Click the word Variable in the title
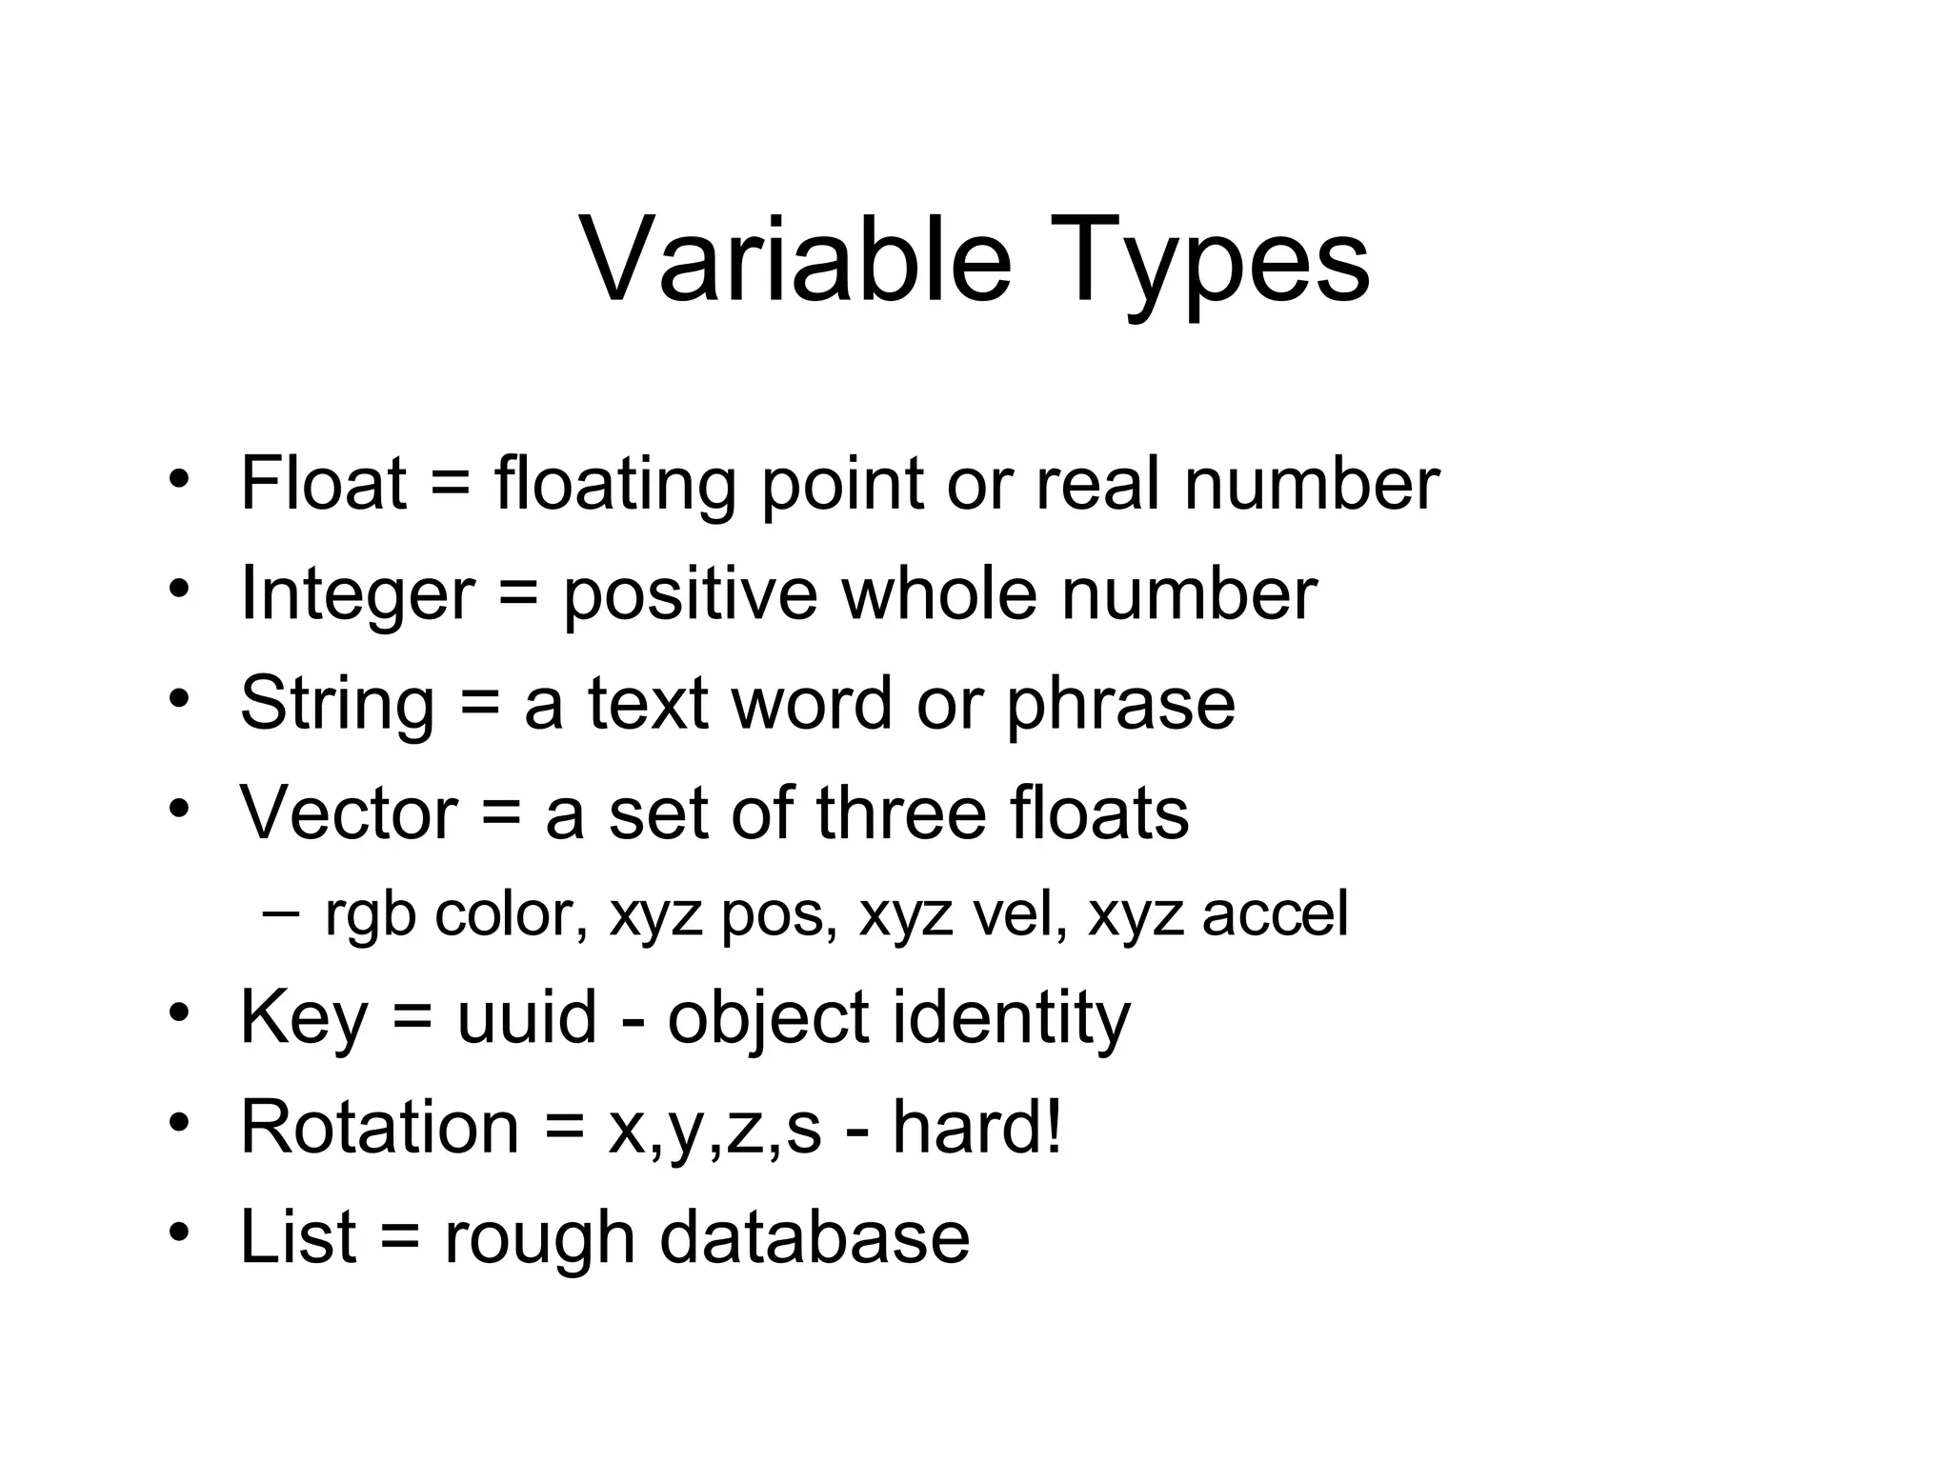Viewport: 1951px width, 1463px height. (x=794, y=259)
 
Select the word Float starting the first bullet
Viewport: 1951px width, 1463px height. (x=324, y=483)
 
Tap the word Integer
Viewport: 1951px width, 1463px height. (x=357, y=593)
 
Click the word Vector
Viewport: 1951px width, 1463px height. (x=349, y=812)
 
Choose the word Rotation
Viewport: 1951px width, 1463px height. (x=379, y=1127)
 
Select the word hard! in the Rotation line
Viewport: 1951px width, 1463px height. (x=976, y=1127)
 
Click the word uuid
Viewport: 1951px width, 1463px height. (x=527, y=1017)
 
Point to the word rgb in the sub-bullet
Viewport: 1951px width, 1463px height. (x=370, y=915)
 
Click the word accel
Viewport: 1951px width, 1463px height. (x=1275, y=913)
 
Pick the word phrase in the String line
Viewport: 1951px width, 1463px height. (x=1120, y=703)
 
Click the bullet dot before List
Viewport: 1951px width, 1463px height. (x=177, y=1233)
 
